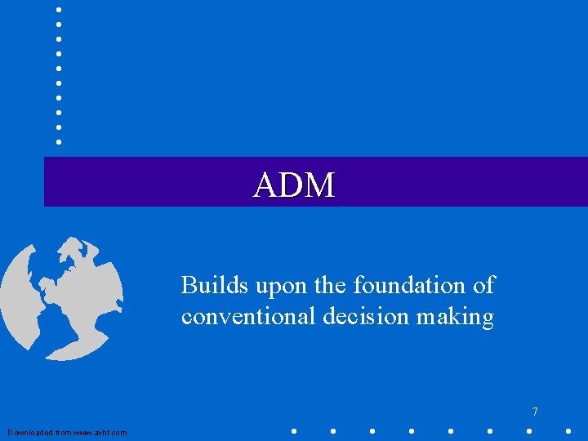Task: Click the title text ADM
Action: [x=294, y=185]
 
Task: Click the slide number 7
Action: [x=535, y=412]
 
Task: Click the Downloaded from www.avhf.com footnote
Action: [x=67, y=432]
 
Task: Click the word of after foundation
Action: [x=483, y=285]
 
